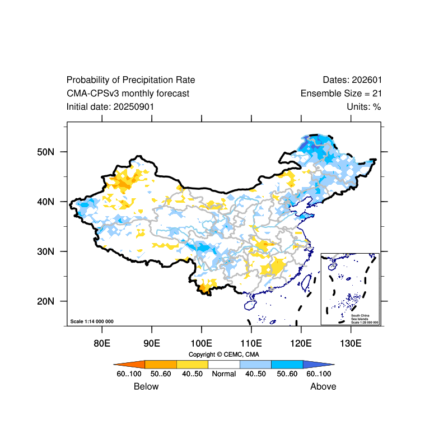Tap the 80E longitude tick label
point(102,343)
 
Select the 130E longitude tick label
point(351,343)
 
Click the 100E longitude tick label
point(201,343)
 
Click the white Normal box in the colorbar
point(224,364)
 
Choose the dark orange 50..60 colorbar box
point(161,364)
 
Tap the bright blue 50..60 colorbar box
point(287,364)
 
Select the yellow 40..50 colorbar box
point(192,364)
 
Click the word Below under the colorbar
point(146,386)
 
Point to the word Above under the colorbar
point(323,386)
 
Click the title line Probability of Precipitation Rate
point(130,80)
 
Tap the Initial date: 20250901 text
point(110,106)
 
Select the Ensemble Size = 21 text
point(341,94)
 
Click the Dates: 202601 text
point(352,80)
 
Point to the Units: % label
point(364,106)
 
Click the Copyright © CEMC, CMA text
point(223,354)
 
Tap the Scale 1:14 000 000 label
point(92,321)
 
